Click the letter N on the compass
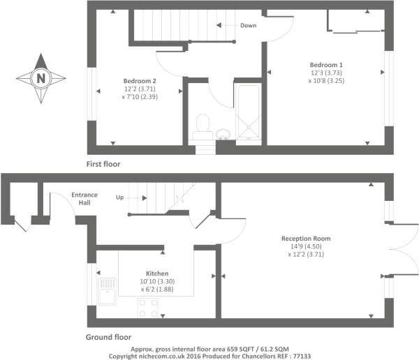tap(41, 79)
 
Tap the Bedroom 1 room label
tap(326, 65)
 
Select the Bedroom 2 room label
tap(140, 81)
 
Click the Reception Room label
tap(306, 239)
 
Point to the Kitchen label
tap(157, 273)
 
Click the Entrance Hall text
tap(84, 199)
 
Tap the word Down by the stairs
tap(248, 25)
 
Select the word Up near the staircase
tap(119, 197)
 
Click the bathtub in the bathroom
tap(249, 112)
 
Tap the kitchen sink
tap(107, 292)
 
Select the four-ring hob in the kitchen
tap(148, 308)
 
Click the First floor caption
tap(103, 164)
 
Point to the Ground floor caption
tap(108, 337)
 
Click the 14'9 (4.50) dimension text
tap(306, 246)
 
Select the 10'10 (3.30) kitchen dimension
tap(157, 281)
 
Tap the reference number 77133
tap(302, 356)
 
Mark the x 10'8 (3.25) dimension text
tap(326, 81)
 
